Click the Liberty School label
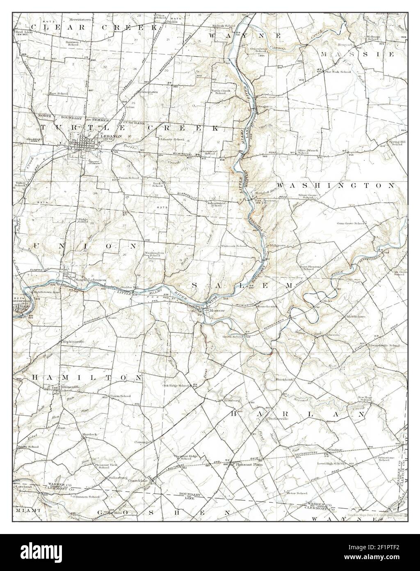tap(173, 139)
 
